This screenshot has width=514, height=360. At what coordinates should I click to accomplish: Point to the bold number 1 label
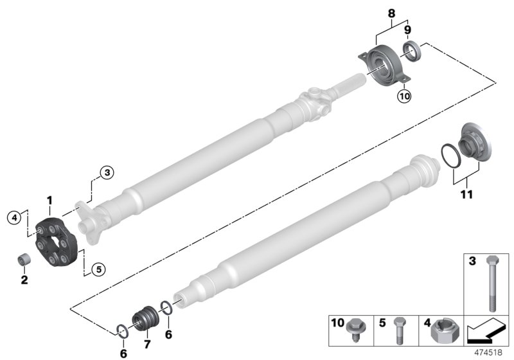(49, 201)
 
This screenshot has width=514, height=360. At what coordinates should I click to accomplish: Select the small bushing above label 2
(24, 261)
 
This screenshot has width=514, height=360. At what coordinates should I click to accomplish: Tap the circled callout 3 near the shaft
(106, 172)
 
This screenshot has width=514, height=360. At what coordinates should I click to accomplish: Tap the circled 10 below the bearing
(404, 96)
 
